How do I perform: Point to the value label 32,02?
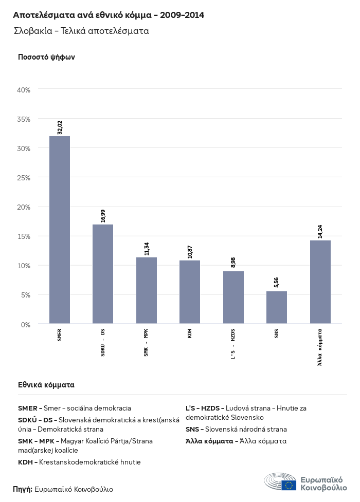pos(60,127)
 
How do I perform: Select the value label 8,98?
pos(233,263)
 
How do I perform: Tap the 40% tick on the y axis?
pos(24,90)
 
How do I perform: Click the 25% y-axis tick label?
pos(24,178)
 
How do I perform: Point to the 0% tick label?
pos(26,325)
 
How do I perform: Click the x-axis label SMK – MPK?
pos(147,343)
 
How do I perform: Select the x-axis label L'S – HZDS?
pos(233,343)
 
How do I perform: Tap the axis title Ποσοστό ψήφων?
pos(46,57)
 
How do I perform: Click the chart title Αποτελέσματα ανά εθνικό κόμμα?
pos(109,15)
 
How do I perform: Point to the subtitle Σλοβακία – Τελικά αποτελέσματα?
pos(82,31)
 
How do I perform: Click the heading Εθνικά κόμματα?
pos(46,384)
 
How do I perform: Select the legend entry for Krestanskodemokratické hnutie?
pos(79,462)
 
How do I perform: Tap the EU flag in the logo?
pos(289,485)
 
